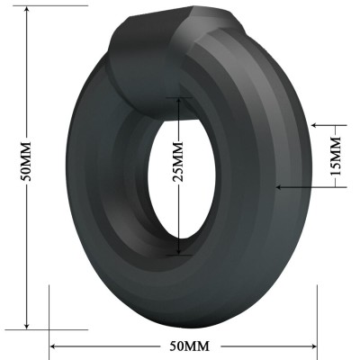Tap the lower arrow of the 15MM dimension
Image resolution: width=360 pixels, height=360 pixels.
pyautogui.click(x=281, y=187)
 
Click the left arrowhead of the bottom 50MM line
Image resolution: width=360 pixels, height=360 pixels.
pyautogui.click(x=53, y=346)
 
